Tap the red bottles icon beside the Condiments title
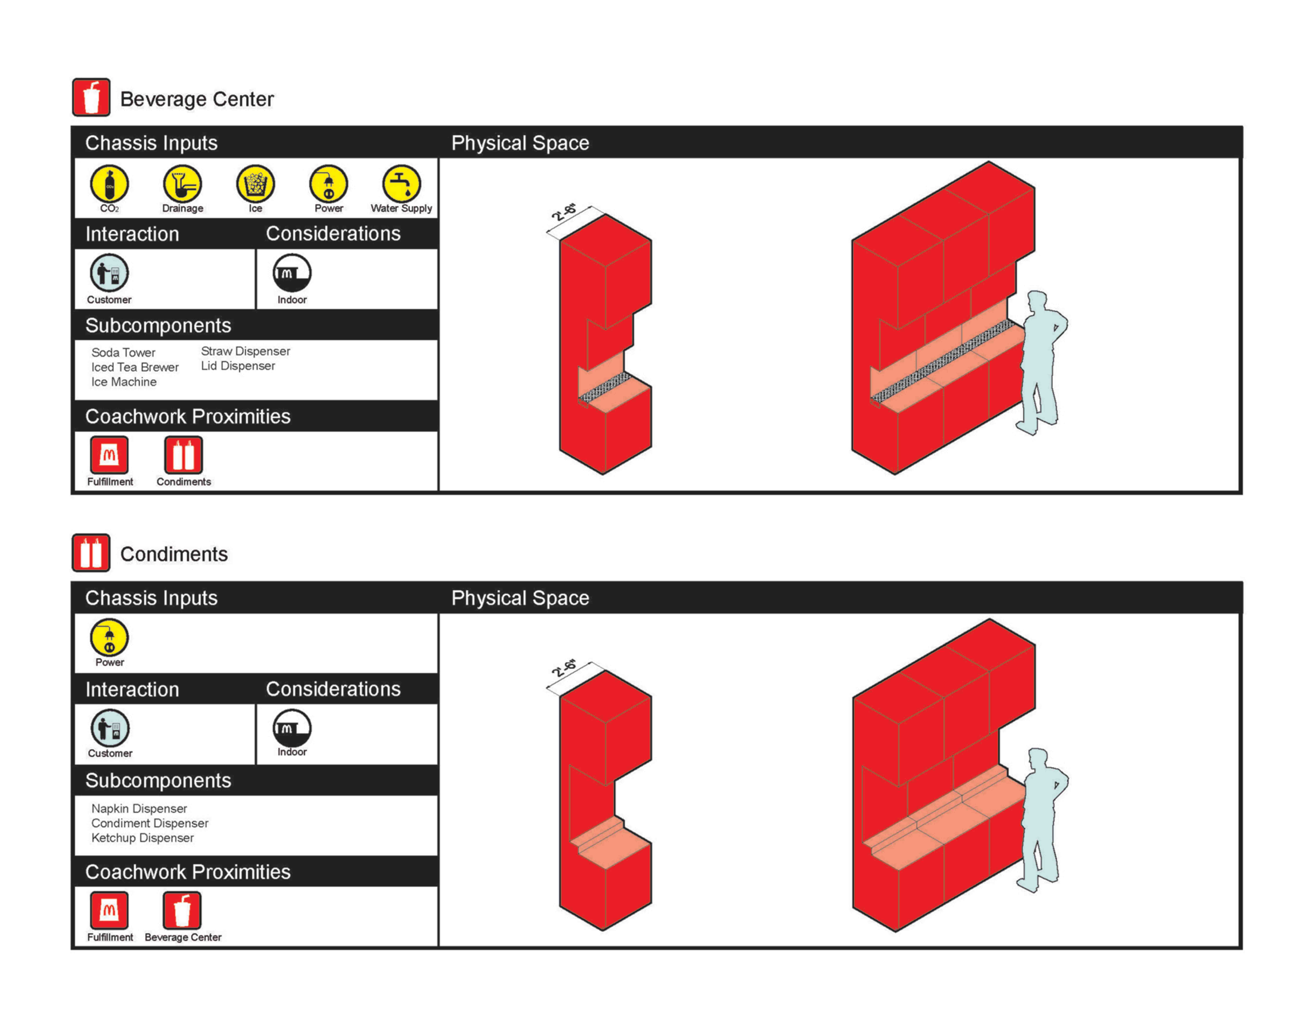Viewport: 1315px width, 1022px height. click(x=91, y=553)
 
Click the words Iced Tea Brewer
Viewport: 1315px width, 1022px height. click(x=135, y=367)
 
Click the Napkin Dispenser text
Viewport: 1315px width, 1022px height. click(x=139, y=808)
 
